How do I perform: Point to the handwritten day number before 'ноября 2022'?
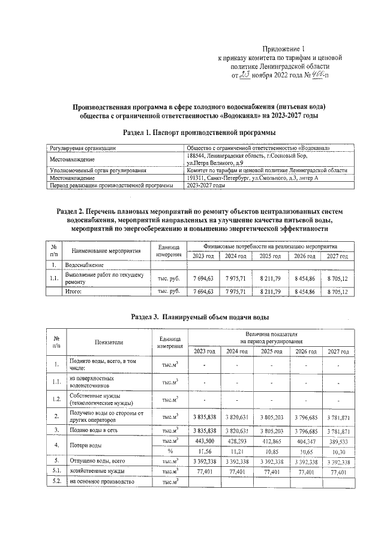245,75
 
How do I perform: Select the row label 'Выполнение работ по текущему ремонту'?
104,278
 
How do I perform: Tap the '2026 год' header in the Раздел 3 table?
304,351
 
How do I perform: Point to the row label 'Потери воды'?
84,446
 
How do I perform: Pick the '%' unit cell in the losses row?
170,451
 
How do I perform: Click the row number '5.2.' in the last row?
56,481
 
